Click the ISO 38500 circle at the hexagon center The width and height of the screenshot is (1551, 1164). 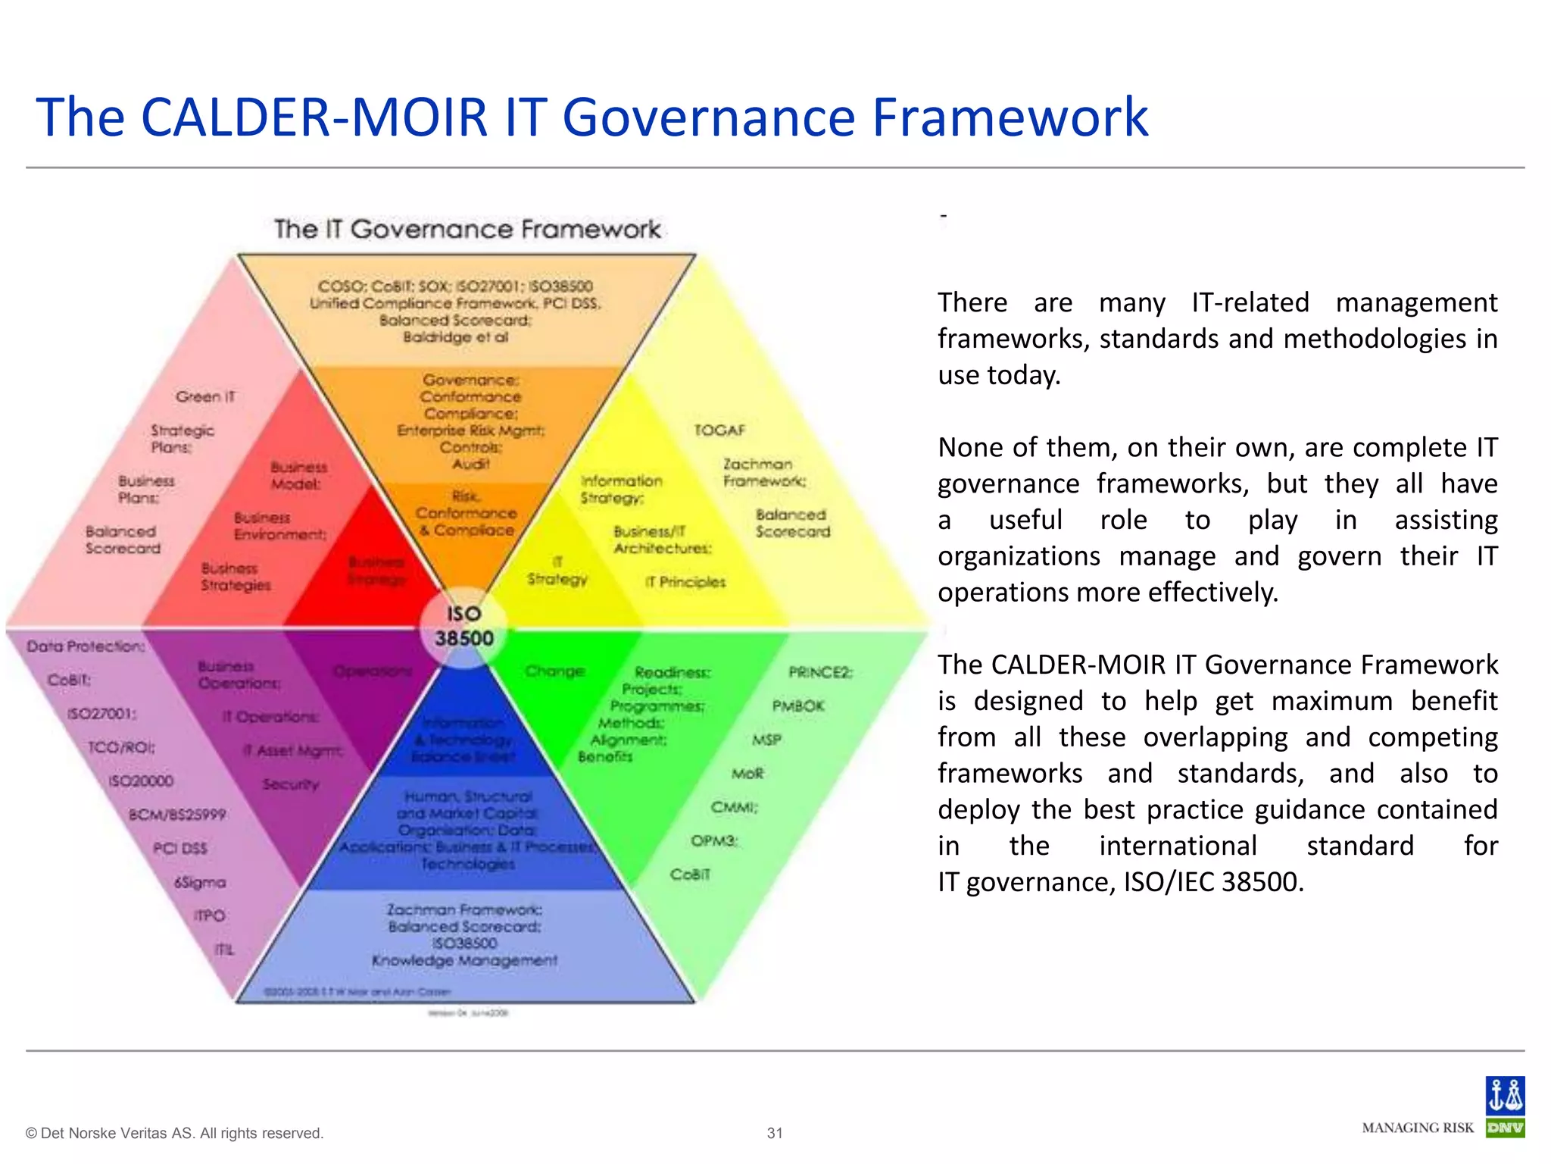coord(463,627)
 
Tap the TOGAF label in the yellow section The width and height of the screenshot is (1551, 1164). coord(719,430)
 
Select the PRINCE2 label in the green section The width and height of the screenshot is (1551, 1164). coord(820,672)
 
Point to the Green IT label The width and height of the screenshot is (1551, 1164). coord(205,396)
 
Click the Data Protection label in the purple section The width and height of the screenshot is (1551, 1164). coord(86,646)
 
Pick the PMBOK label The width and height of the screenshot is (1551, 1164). coord(798,706)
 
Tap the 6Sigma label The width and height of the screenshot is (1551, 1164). coord(200,882)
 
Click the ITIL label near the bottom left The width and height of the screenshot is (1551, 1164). coord(224,950)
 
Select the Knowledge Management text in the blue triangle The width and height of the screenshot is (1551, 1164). coord(464,961)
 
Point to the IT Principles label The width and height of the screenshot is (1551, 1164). coord(685,582)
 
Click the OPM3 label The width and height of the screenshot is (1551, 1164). coord(713,840)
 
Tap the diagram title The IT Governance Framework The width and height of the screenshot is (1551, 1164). coord(467,229)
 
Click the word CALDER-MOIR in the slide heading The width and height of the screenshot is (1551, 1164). coord(314,117)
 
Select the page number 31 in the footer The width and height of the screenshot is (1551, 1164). coord(775,1133)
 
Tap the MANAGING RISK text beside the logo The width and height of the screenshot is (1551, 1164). coord(1418,1128)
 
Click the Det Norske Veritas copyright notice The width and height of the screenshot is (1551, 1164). coord(175,1133)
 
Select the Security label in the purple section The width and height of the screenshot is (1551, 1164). coord(291,784)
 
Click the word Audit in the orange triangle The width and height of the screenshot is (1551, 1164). coord(470,464)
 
